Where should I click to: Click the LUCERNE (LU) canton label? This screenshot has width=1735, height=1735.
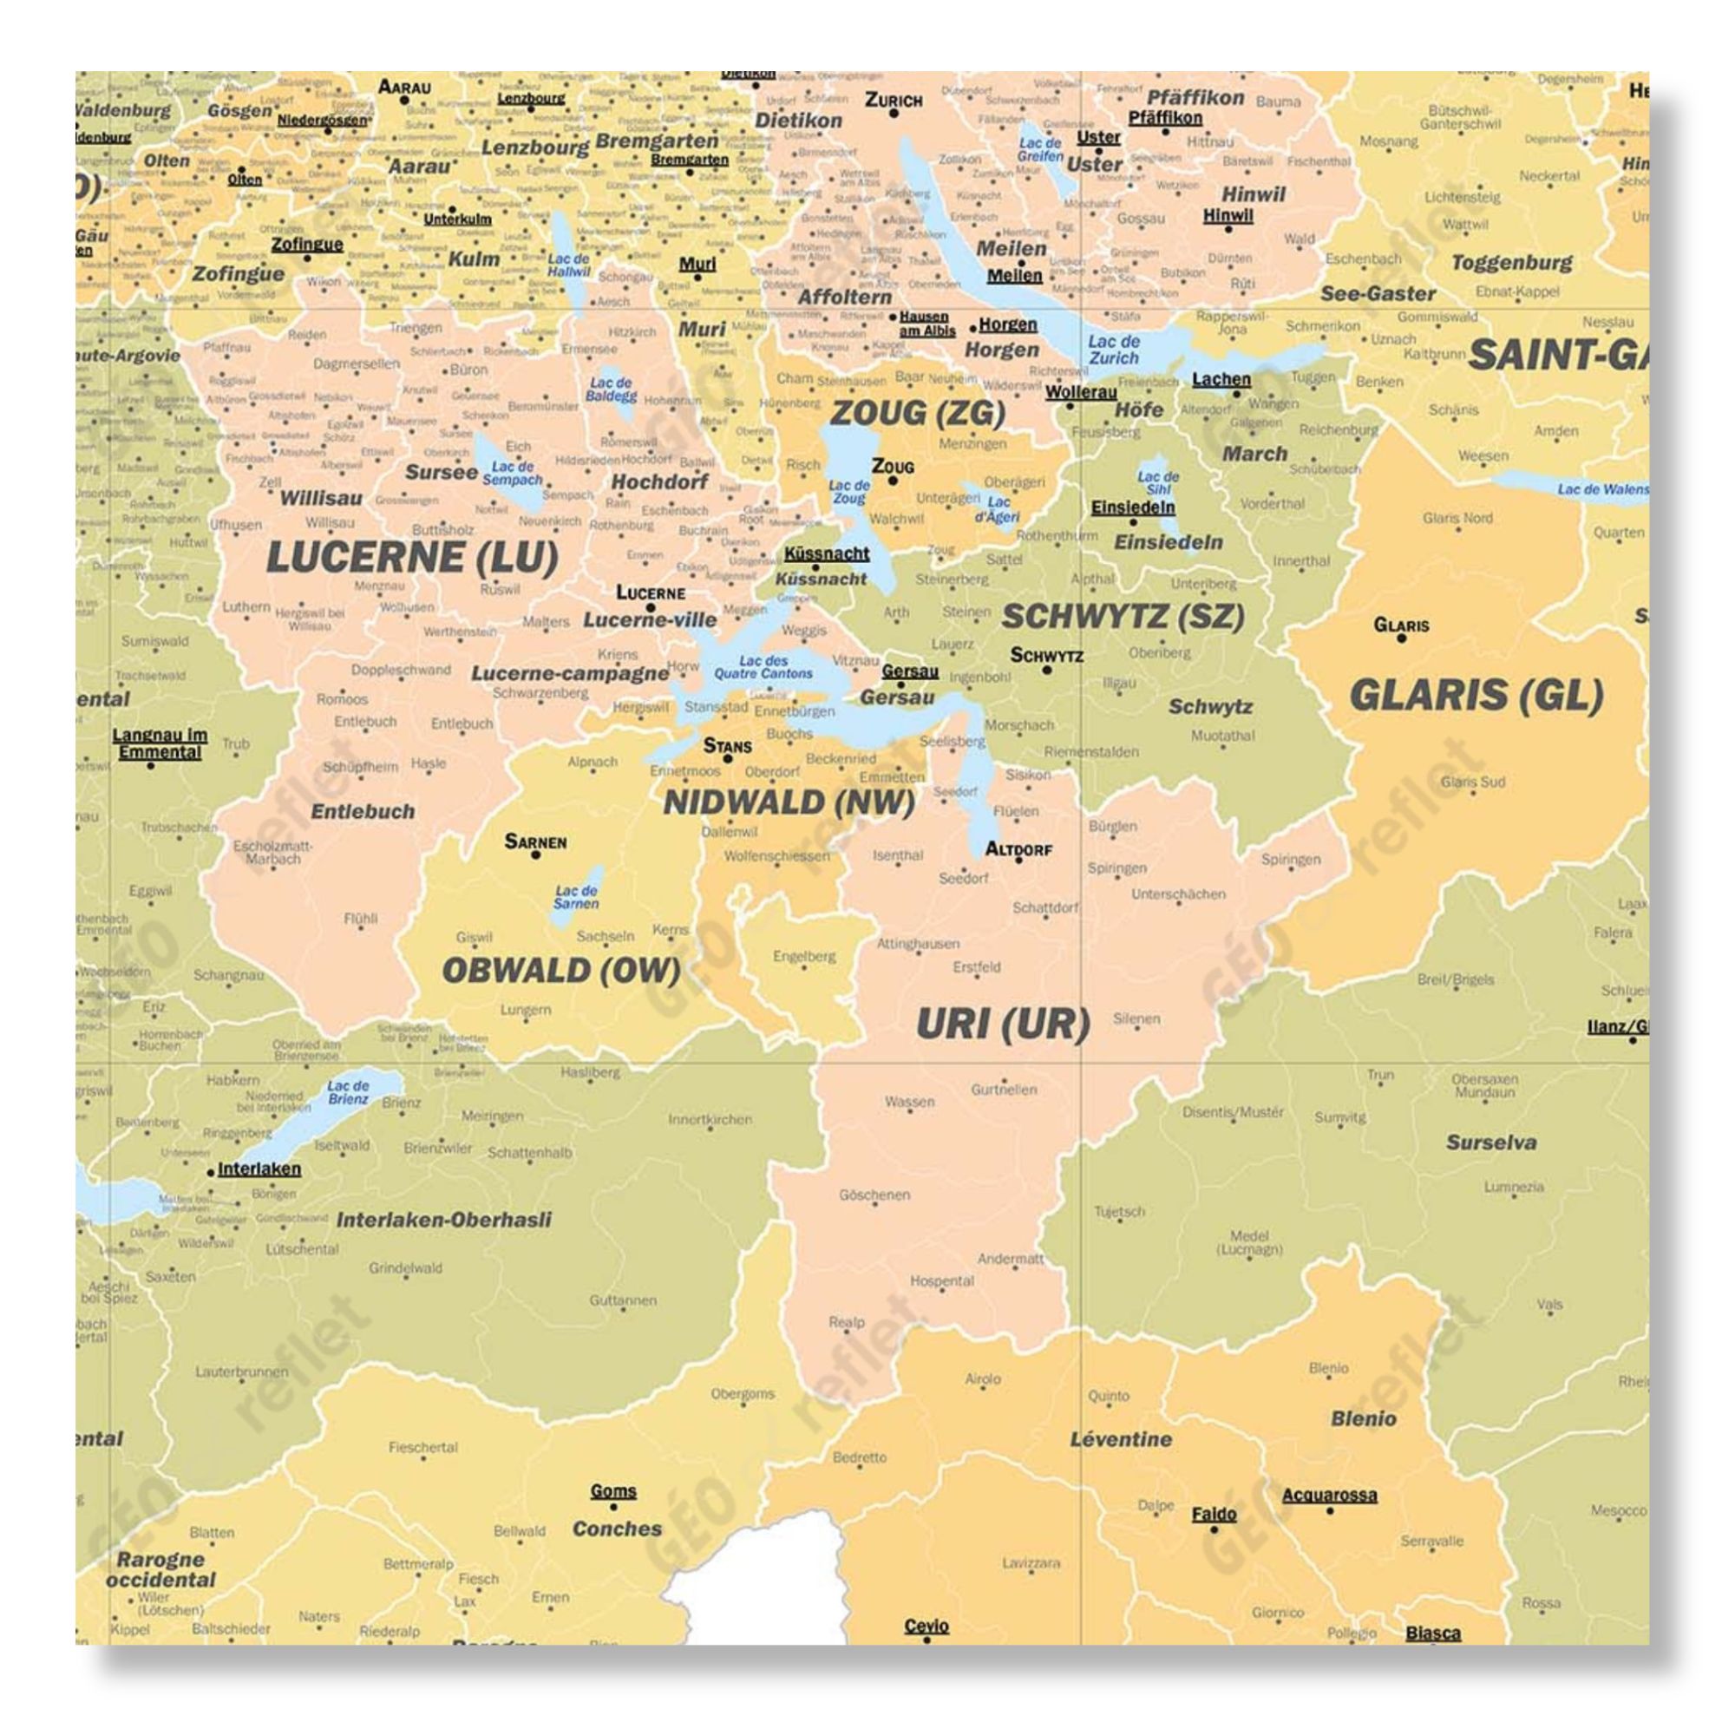[x=412, y=559]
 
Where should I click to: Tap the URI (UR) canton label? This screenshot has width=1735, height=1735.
[x=1003, y=1024]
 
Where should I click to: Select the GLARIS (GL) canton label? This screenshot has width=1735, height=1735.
[x=1476, y=696]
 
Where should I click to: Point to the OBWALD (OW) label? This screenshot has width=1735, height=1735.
[x=560, y=971]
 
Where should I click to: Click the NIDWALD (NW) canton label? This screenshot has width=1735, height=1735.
[x=789, y=802]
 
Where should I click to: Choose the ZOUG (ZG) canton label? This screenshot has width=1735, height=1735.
[x=917, y=413]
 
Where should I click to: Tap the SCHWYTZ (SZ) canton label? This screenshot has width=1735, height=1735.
[x=1123, y=617]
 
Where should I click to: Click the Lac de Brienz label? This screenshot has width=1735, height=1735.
[x=349, y=1092]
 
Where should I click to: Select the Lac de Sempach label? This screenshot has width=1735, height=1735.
[x=513, y=474]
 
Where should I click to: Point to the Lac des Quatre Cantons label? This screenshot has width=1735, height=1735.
[x=763, y=667]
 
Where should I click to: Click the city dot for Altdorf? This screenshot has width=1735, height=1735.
[x=1019, y=861]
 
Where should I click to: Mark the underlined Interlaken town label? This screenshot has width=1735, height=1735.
[x=259, y=1169]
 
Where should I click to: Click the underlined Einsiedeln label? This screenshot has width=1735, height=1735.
[x=1132, y=507]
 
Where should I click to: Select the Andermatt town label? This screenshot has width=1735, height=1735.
[x=1011, y=1259]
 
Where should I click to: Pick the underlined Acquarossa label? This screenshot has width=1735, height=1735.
[x=1329, y=1496]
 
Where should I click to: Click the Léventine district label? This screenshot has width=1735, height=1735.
[x=1121, y=1439]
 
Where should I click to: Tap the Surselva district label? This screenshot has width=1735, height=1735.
[x=1490, y=1143]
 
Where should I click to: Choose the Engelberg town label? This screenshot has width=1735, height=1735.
[x=804, y=956]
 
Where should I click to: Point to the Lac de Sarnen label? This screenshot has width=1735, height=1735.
[x=576, y=897]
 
